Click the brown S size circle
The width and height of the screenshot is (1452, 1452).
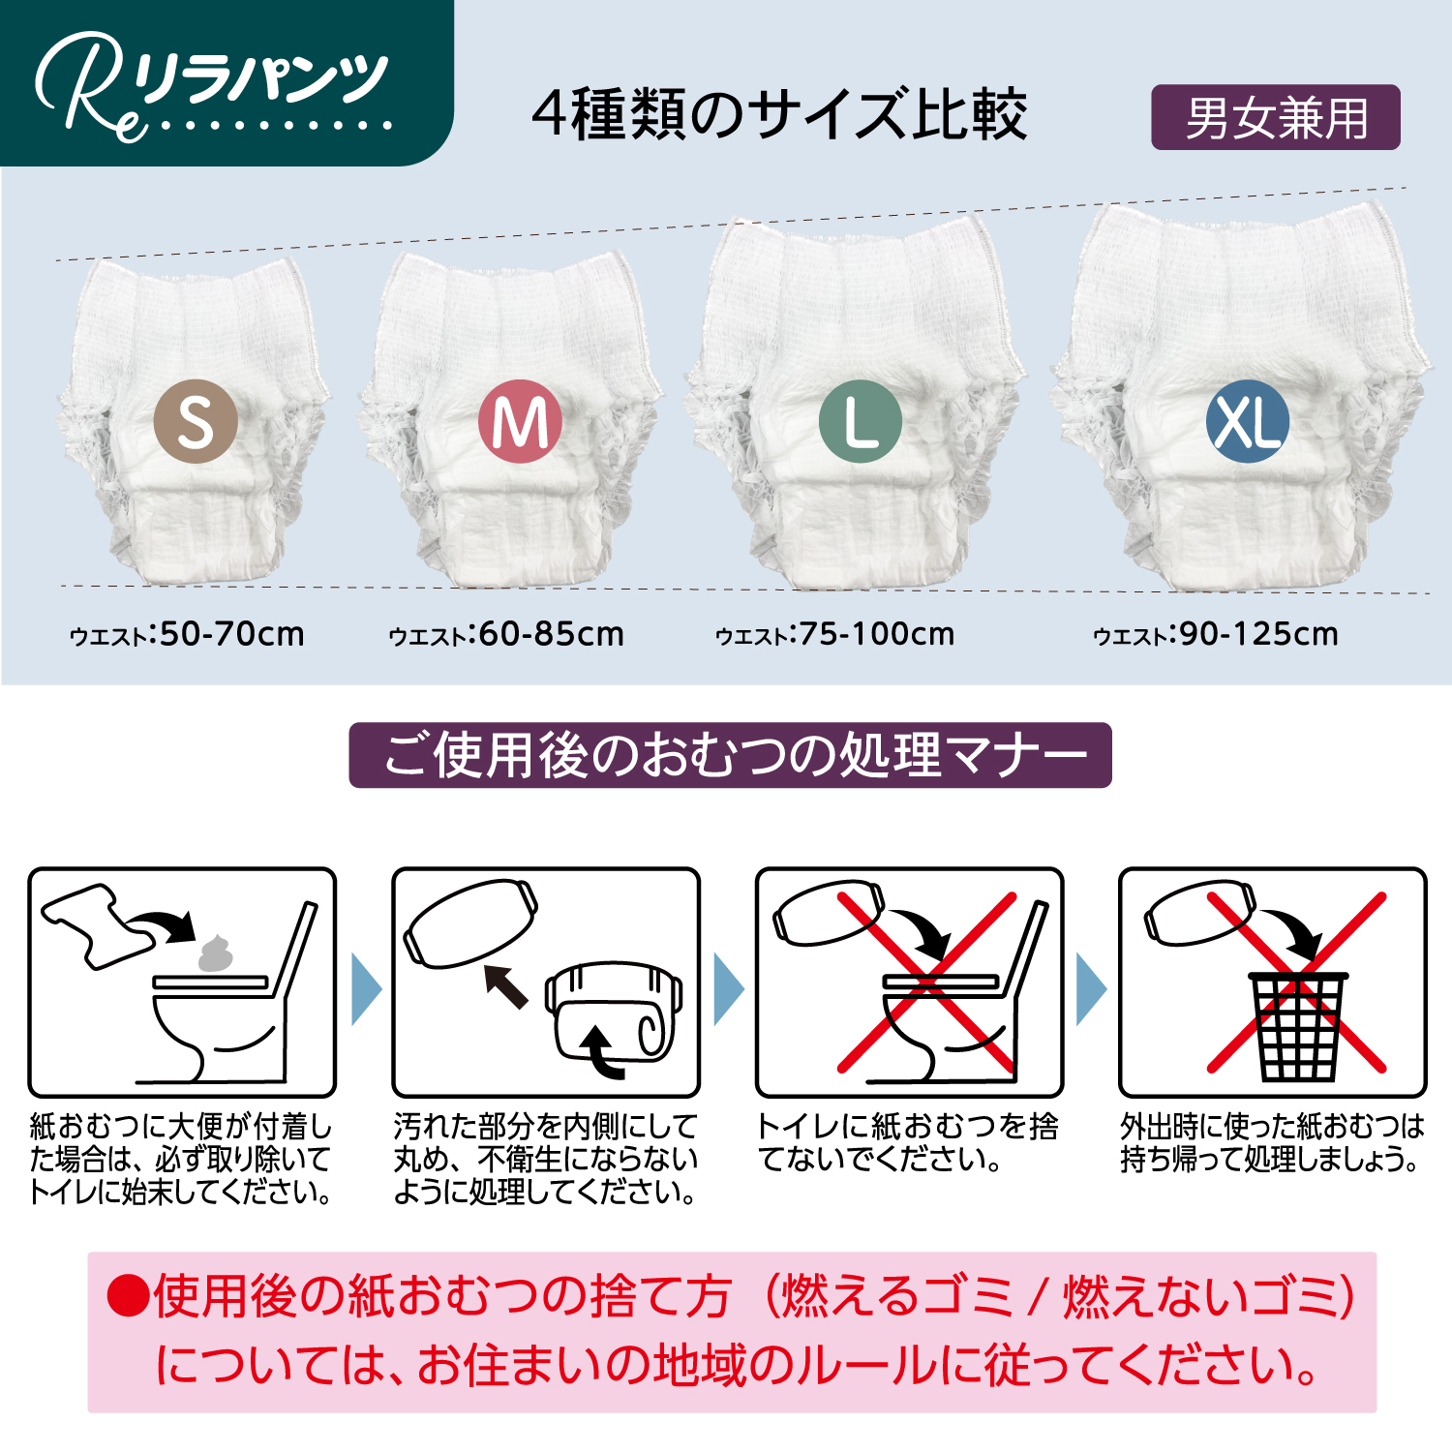196,421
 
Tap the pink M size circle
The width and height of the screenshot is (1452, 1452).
520,421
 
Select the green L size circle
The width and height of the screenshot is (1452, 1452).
861,421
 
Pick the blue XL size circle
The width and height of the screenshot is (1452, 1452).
1248,421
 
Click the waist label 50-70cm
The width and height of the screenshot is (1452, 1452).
188,634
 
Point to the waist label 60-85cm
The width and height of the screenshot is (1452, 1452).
506,634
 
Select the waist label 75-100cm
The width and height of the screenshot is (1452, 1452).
834,634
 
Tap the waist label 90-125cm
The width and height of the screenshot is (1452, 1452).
1216,634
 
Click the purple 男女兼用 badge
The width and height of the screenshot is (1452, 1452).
1275,118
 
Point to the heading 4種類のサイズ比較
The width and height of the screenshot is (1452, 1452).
779,114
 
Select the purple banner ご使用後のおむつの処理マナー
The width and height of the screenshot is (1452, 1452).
730,755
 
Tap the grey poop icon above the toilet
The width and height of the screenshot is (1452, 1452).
216,953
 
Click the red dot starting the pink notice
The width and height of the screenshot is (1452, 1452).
127,1296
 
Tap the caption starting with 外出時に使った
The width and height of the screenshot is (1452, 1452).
1272,1142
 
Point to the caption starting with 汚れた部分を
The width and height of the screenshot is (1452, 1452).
546,1159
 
